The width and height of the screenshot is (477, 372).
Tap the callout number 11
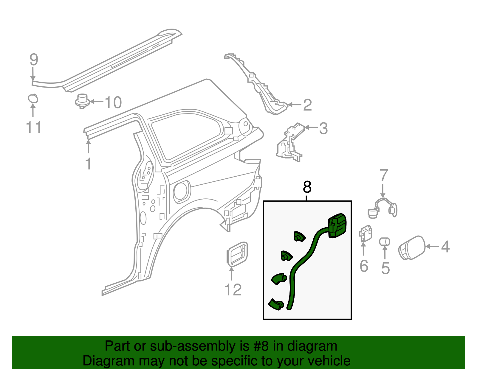(33, 127)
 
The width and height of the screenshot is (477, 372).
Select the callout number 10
(113, 102)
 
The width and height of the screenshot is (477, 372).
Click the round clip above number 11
(33, 99)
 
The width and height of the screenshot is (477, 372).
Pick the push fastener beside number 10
(82, 101)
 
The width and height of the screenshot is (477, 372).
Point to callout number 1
(88, 164)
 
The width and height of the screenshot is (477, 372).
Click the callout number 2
(307, 105)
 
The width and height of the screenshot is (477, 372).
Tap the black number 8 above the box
(307, 187)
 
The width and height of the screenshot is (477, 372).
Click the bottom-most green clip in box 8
(276, 304)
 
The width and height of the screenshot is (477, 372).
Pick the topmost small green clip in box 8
(299, 236)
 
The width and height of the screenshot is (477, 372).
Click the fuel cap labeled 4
(412, 248)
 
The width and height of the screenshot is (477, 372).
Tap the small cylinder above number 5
(385, 242)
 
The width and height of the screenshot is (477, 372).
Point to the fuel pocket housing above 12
(237, 254)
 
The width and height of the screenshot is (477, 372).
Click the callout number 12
(233, 290)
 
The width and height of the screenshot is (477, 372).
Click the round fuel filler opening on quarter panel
(181, 191)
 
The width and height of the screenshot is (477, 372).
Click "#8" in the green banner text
(261, 346)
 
